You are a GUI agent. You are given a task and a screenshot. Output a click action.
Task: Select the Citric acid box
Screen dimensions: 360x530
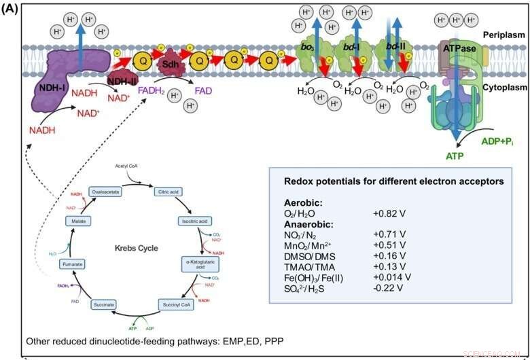click(x=171, y=192)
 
